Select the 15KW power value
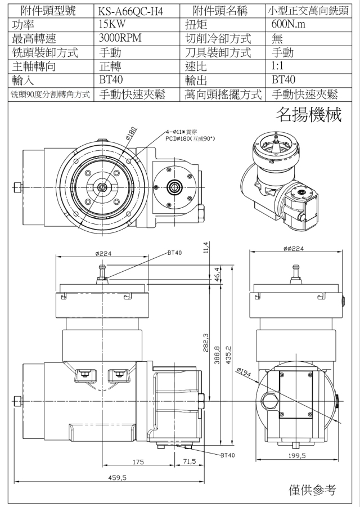(x=112, y=25)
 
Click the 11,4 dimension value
(x=206, y=248)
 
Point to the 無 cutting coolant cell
(x=278, y=39)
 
